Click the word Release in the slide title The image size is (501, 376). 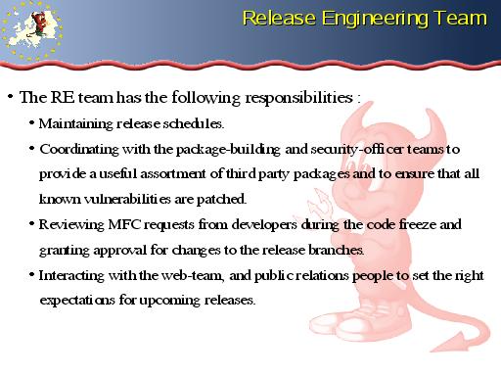point(279,18)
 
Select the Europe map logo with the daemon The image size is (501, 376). point(31,31)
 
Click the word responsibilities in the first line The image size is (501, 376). point(298,98)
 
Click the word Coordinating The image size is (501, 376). point(79,150)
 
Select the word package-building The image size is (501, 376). point(228,150)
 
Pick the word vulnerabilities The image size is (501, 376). point(127,199)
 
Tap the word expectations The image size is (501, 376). point(77,301)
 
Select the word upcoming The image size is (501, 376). point(169,301)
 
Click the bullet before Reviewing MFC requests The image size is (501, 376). point(31,224)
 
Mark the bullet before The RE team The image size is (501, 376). point(11,97)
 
